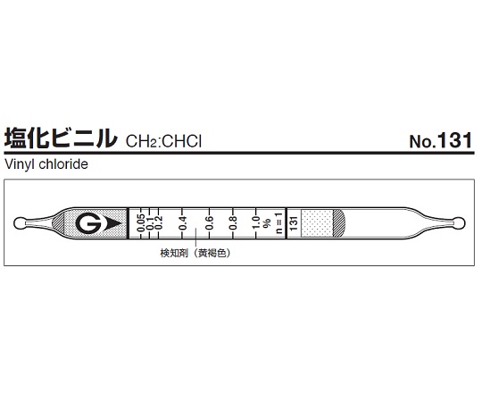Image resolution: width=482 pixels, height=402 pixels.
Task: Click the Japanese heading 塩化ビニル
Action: pos(61,139)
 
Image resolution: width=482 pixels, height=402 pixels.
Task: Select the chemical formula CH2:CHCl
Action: pos(163,142)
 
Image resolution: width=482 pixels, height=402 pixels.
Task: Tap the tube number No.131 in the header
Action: pos(441,140)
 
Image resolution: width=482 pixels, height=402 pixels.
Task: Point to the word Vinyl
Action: pos(20,164)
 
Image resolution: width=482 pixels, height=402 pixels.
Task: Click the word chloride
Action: pos(63,164)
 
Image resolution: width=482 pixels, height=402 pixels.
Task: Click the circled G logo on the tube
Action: pos(88,223)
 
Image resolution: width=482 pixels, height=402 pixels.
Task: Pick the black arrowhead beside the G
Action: pos(112,223)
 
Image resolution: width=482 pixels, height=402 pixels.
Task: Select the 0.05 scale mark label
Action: pos(141,223)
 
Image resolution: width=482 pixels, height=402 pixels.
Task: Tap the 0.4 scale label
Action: pos(183,223)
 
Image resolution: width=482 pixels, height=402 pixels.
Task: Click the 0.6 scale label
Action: pos(209,223)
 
